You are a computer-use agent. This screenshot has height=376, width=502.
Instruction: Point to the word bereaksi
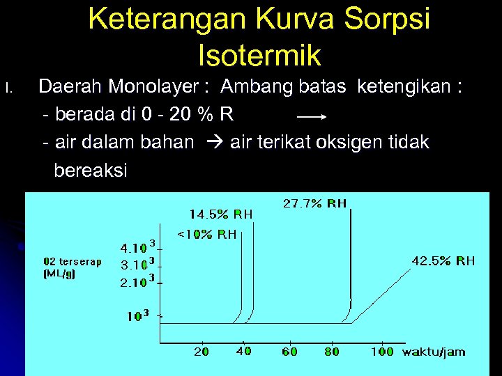coord(91,171)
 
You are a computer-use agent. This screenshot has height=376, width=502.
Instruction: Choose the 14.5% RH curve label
coord(221,214)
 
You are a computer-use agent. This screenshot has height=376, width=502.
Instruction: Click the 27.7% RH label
coord(314,203)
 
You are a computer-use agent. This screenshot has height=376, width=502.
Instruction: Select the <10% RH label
coord(207,234)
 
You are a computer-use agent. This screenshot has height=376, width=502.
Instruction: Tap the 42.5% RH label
coord(443,261)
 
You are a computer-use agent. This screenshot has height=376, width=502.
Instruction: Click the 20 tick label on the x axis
coord(201,352)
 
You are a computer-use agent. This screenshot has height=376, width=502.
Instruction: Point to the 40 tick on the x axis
coord(243,352)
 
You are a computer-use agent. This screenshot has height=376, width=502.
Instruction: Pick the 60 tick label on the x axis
coord(289,352)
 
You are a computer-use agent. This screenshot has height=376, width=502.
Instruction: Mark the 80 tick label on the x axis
coord(332,352)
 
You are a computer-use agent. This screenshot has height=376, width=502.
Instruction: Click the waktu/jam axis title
coord(434,352)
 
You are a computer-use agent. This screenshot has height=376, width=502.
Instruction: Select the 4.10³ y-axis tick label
coord(137,247)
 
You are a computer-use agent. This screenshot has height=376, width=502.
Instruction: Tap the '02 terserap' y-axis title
coord(73,262)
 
